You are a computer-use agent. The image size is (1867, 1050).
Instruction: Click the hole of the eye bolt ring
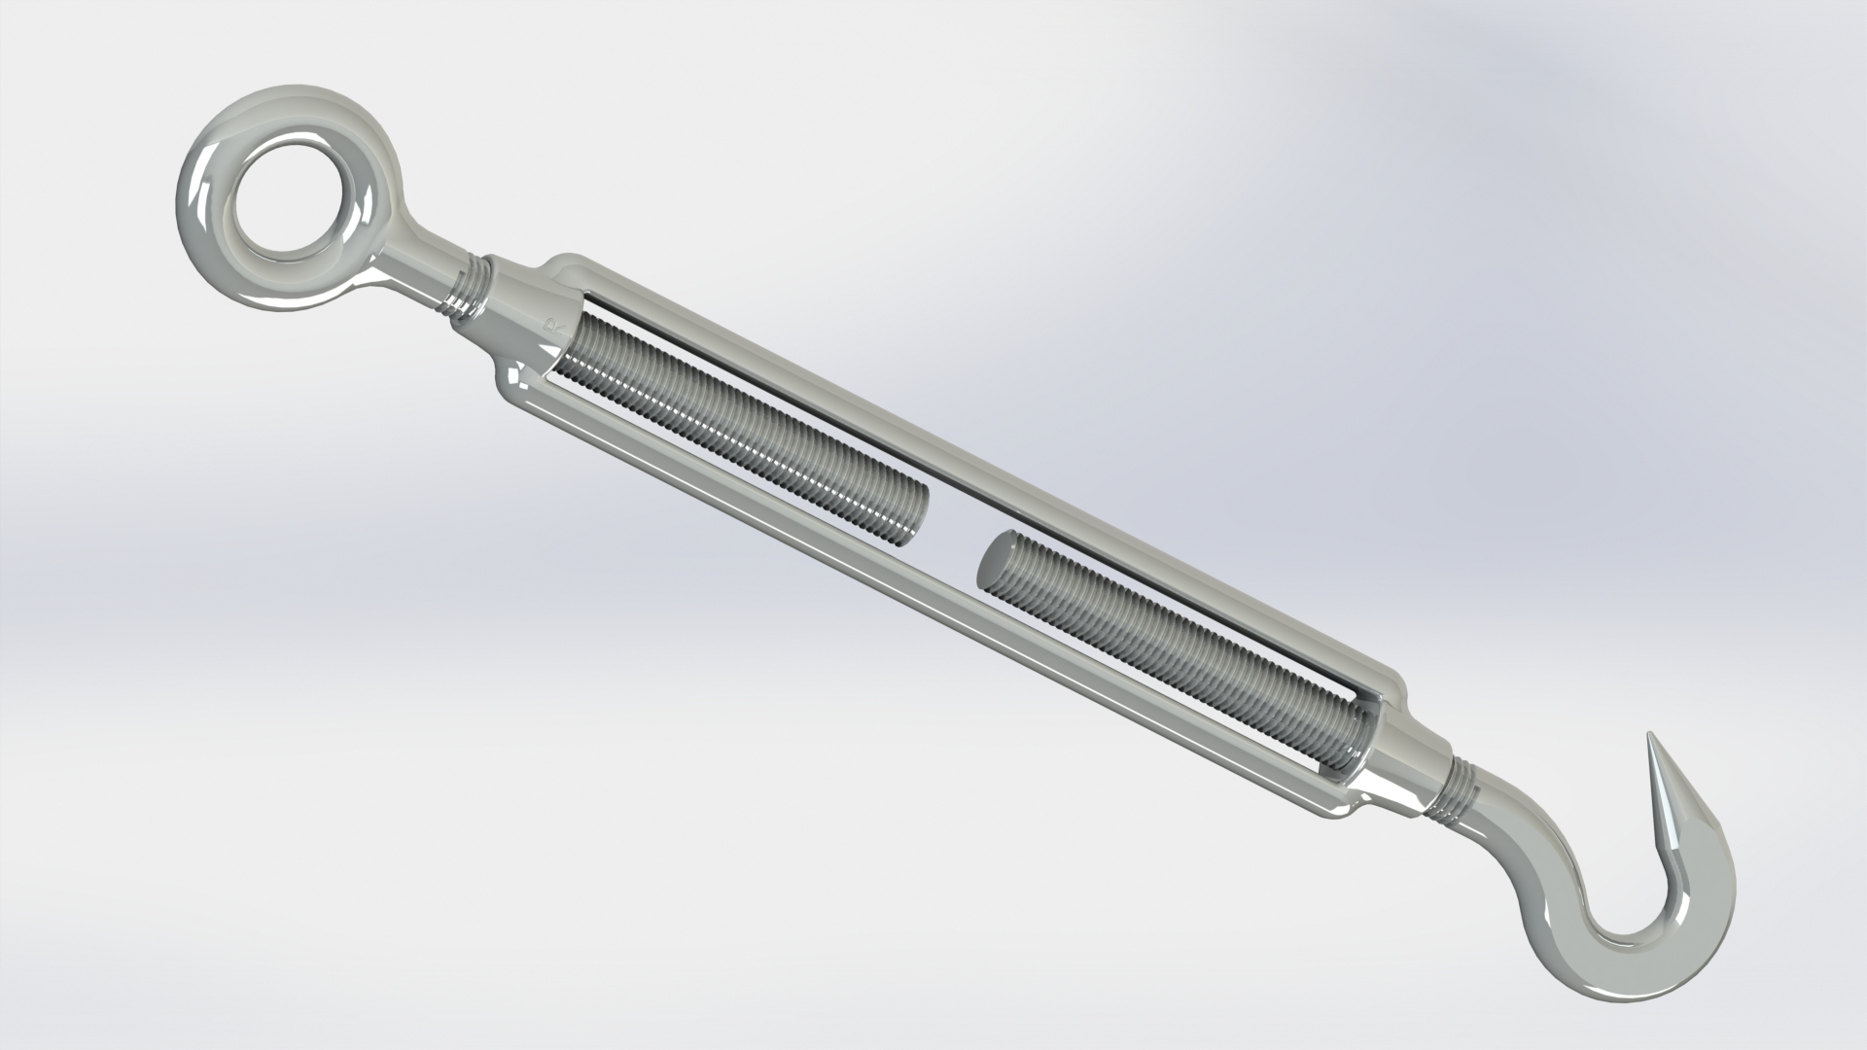click(282, 200)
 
